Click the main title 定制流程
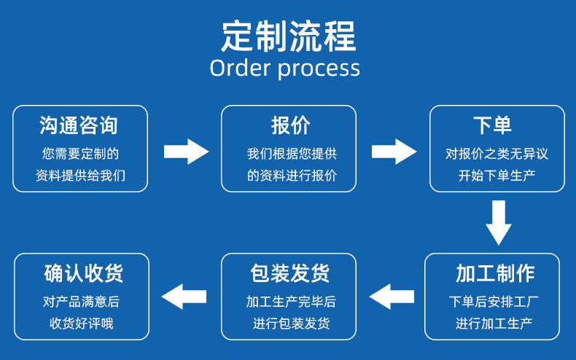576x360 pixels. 289,36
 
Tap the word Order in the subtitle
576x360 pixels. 241,68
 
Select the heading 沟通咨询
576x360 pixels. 79,125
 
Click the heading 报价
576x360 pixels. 291,125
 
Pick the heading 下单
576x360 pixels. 492,125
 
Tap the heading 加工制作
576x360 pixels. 495,273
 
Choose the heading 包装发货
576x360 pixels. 290,273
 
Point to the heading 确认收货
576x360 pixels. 83,273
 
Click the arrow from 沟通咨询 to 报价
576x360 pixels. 186,152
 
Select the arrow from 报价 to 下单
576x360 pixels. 394,152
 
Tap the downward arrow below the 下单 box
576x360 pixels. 499,222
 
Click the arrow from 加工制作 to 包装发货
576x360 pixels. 392,297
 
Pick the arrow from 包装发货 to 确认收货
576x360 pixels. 184,297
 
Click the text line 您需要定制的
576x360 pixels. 80,154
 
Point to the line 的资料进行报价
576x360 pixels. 292,176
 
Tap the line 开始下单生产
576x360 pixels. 497,176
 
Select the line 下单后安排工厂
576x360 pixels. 494,302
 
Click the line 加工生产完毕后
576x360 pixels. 291,302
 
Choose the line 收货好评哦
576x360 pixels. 82,324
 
